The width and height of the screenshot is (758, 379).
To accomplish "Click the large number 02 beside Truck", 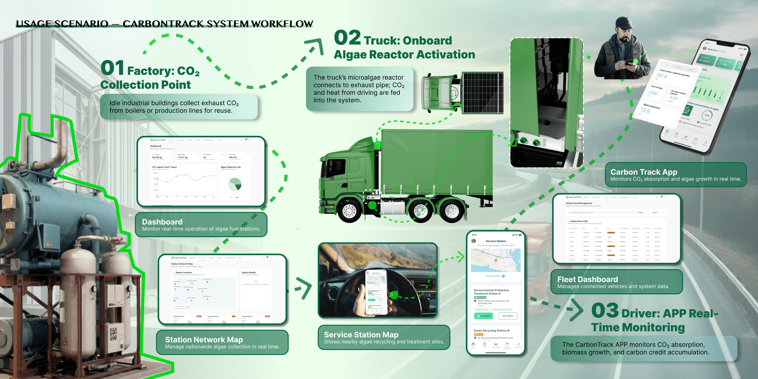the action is click(347, 38).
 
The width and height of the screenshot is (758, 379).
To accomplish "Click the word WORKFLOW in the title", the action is click(282, 24).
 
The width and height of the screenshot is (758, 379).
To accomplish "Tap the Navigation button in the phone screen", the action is click(484, 316).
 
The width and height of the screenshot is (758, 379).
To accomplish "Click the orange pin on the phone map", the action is click(496, 260).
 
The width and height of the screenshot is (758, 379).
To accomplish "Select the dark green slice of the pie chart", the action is click(238, 186).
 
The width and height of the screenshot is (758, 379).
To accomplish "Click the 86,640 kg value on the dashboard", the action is click(157, 157).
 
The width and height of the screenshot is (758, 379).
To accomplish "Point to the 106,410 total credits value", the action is click(233, 157).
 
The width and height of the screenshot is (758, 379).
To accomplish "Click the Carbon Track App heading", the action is click(644, 172).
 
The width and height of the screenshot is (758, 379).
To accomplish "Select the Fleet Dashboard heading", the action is click(587, 280).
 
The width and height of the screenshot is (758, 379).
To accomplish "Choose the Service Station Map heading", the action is click(361, 335).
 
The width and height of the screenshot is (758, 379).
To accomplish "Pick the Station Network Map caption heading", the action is click(204, 340).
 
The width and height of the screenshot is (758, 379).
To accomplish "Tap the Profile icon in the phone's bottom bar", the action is click(519, 345).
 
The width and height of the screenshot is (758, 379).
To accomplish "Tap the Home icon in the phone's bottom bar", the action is click(473, 345).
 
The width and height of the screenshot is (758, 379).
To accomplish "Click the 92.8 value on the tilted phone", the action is click(662, 76).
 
